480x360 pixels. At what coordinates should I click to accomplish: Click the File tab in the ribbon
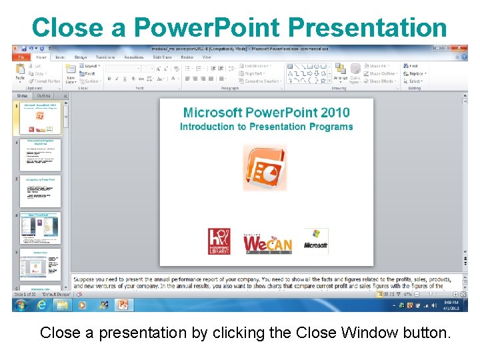[x=21, y=57]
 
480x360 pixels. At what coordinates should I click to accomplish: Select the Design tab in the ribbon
[x=81, y=57]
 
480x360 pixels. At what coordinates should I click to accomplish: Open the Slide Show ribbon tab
[x=162, y=57]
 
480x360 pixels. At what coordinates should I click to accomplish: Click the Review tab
[x=187, y=57]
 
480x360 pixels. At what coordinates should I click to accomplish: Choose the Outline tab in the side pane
[x=43, y=96]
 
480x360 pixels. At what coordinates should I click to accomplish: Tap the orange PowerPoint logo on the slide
[x=265, y=167]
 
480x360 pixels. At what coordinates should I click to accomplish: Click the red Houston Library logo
[x=219, y=241]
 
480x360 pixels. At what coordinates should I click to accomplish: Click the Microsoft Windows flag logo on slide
[x=315, y=241]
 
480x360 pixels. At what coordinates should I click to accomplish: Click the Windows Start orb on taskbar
[x=22, y=305]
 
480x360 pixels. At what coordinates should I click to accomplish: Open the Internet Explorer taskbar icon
[x=42, y=305]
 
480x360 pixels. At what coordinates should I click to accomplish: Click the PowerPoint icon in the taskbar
[x=123, y=305]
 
